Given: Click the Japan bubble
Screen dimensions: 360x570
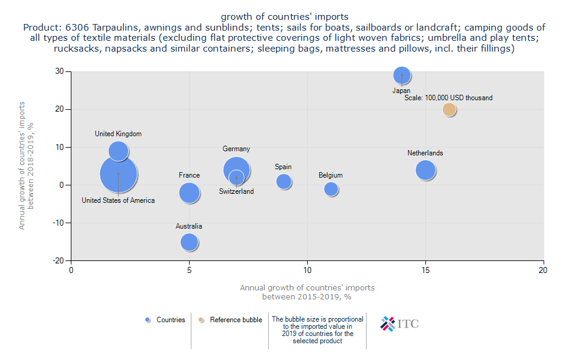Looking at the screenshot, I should pos(402,75).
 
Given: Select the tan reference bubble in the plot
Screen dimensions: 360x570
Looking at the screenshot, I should pos(449,109).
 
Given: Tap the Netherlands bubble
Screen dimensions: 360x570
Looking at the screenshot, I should pos(425,170).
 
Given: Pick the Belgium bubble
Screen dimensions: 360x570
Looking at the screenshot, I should pos(331,189).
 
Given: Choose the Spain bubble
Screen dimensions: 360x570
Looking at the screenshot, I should pos(284,181).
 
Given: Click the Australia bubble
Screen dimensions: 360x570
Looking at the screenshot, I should pos(189,242).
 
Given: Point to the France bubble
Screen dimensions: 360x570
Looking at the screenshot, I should pos(189,193).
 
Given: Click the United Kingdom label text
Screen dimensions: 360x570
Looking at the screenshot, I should pos(118,134).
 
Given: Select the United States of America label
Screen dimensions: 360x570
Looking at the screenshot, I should pos(118,200).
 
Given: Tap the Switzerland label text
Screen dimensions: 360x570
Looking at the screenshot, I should pos(236,191).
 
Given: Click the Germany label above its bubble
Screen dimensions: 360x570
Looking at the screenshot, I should pos(236,149).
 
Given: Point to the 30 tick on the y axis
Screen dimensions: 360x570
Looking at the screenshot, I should pos(60,71).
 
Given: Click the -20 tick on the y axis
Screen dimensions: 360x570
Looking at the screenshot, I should pos(58,260).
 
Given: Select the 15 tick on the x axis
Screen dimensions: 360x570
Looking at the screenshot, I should pos(425,270).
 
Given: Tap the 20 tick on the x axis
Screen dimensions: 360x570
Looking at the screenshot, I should pos(544,270).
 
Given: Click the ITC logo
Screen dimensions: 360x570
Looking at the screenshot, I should pos(400,323).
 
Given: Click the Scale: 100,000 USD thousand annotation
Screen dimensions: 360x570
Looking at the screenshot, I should pos(448,98).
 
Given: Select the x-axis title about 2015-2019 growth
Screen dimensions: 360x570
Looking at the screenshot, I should pos(307,292).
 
